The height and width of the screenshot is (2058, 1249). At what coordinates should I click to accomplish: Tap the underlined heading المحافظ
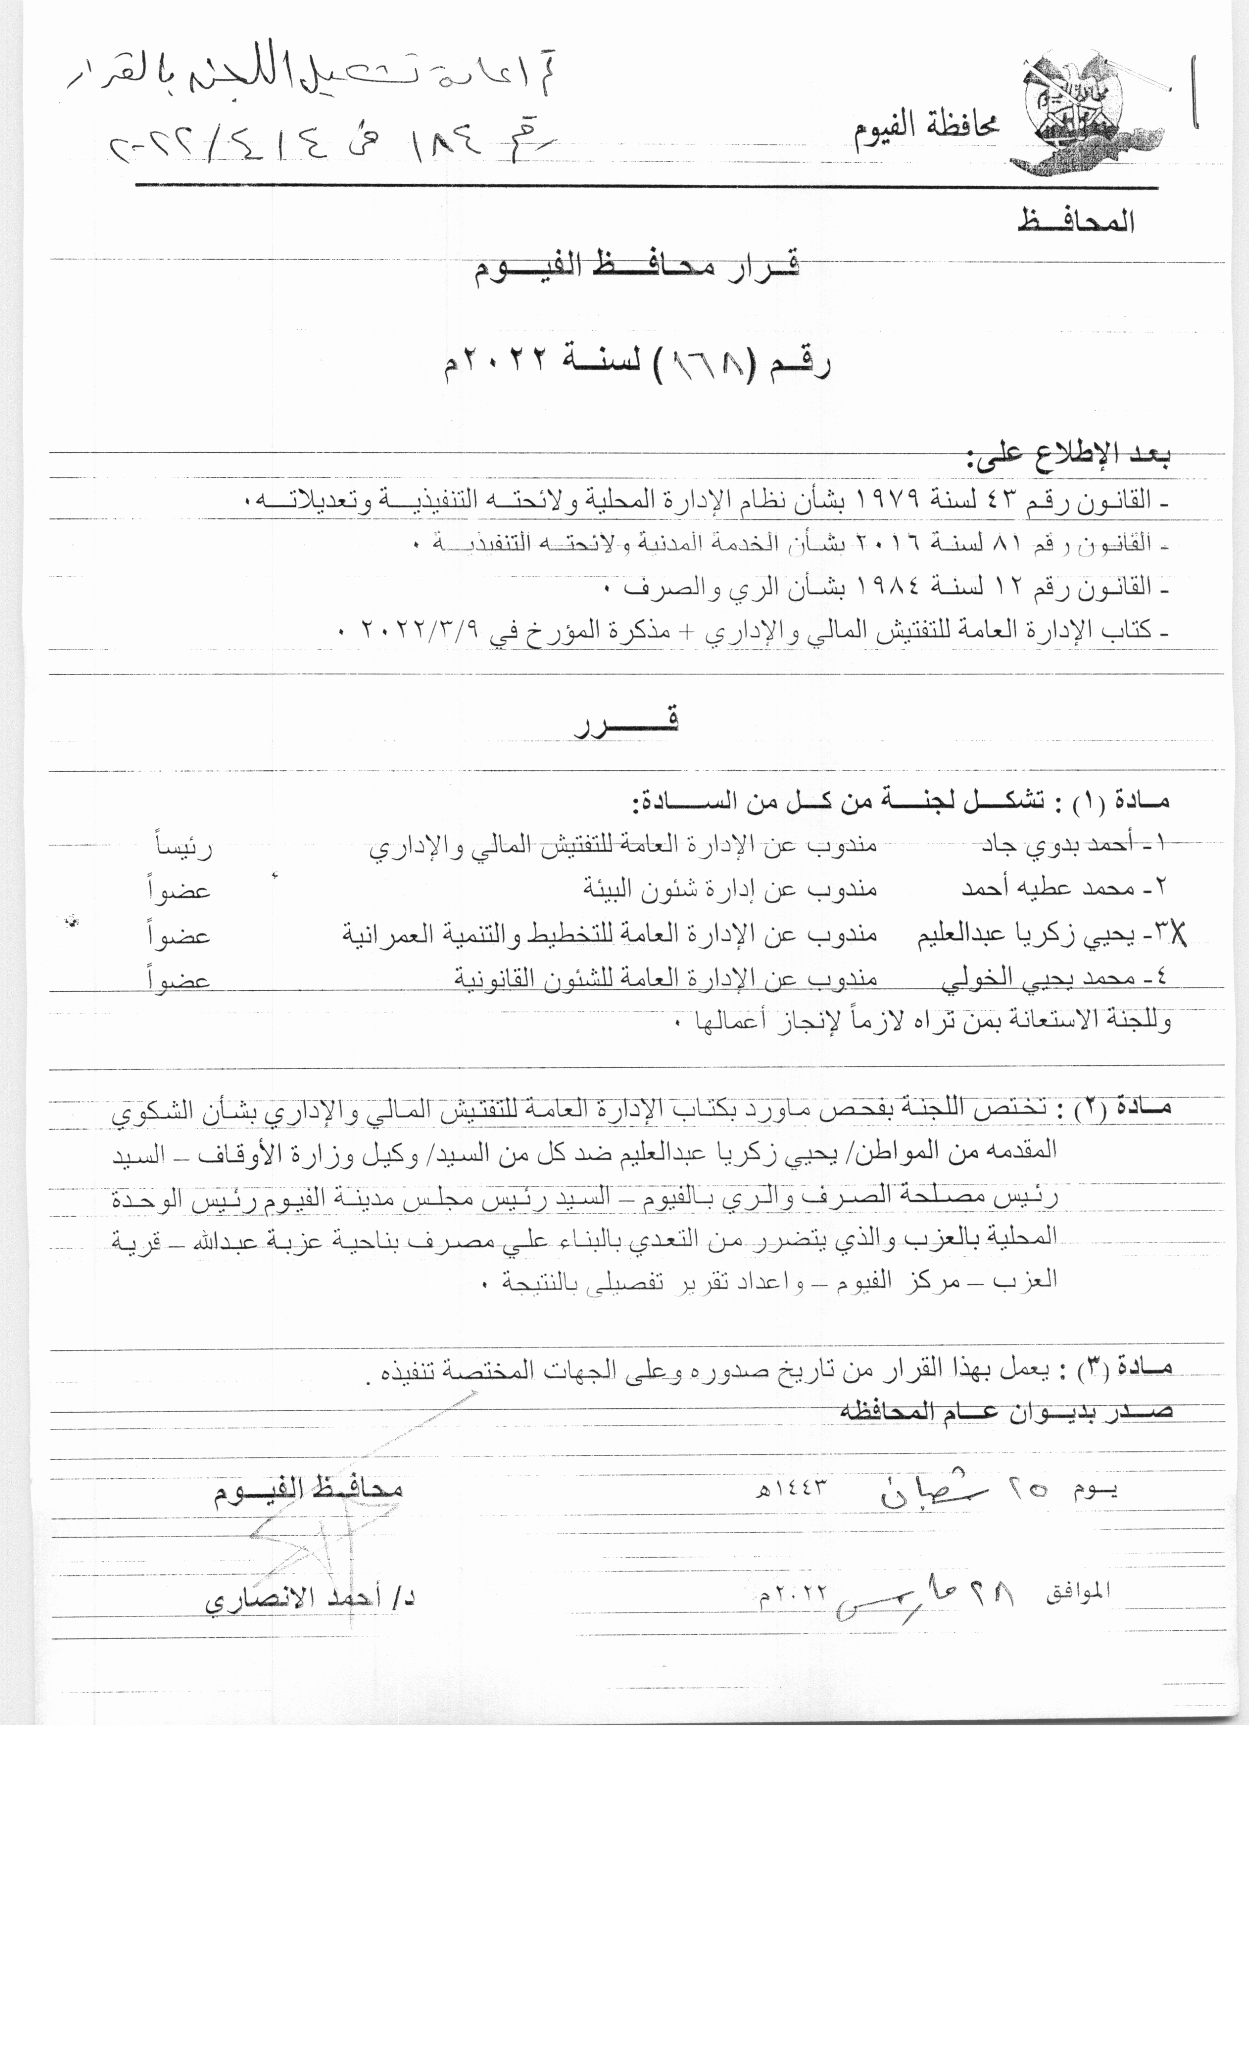pos(1075,222)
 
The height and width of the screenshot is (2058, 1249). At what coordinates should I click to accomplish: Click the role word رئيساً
pos(184,847)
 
